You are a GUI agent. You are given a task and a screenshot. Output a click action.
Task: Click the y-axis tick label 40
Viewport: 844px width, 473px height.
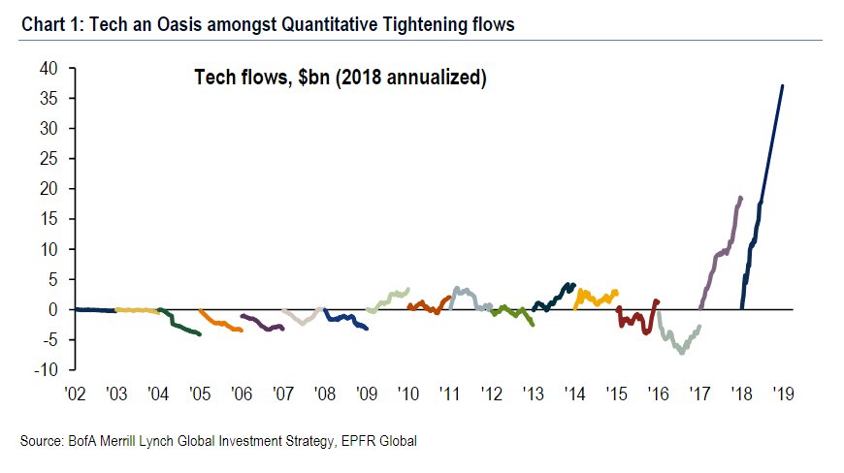coord(49,68)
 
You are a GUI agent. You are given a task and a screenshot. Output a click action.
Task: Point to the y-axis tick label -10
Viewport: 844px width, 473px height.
coord(46,369)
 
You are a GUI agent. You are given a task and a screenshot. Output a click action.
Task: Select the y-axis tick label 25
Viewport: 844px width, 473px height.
coord(49,158)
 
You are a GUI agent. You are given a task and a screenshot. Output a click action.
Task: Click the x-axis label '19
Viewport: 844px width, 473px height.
coord(783,394)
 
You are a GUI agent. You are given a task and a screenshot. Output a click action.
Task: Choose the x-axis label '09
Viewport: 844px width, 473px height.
coord(366,394)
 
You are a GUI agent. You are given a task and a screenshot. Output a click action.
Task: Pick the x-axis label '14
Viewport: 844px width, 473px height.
coord(574,394)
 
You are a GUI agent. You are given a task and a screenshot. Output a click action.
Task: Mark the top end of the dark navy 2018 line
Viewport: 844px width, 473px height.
coord(783,85)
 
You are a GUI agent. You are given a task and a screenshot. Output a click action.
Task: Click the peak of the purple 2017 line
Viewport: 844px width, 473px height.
coord(741,197)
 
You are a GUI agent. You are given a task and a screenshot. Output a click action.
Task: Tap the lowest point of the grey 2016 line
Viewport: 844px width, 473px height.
coord(682,353)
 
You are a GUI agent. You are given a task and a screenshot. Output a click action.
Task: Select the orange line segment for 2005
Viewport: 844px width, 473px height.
coord(219,323)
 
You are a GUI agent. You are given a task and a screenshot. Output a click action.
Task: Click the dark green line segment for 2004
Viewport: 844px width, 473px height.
coord(179,326)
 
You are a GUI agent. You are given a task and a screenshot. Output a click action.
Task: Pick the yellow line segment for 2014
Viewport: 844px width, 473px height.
coord(596,296)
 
